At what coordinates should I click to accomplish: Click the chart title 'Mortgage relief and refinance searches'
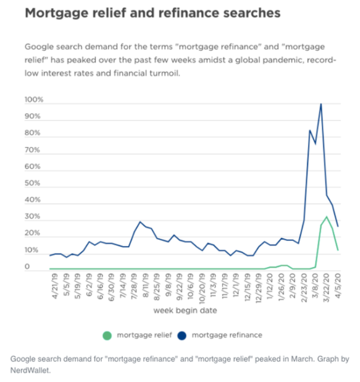(153, 13)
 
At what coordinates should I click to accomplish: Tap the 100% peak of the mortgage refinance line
(321, 104)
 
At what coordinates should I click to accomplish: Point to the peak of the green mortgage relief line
(326, 217)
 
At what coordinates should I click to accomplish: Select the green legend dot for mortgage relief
(108, 335)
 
